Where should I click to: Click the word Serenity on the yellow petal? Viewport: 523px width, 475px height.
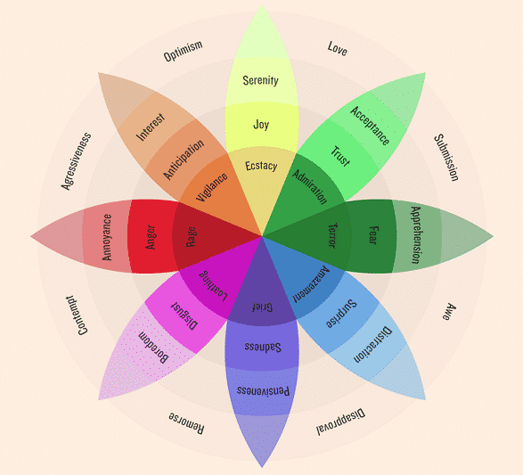(260, 80)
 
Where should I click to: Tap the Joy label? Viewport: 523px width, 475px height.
(261, 125)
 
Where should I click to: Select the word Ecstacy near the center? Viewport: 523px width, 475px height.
(261, 166)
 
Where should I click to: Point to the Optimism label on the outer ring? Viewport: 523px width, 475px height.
(183, 51)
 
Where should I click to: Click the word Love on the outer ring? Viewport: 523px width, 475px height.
(338, 49)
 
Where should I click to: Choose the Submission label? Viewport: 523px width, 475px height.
(446, 158)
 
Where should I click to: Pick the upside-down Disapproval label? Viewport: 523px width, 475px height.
(340, 421)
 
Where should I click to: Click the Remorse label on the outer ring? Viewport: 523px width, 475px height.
(186, 423)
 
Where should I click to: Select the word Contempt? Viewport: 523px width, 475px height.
(78, 315)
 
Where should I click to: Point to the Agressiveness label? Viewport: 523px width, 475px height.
(76, 161)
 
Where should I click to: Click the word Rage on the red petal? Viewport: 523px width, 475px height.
(191, 237)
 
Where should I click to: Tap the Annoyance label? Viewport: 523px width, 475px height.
(107, 237)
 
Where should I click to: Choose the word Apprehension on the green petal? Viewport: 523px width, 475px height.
(415, 235)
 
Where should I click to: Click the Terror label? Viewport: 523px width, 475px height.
(332, 236)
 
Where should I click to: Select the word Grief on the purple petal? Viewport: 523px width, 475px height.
(262, 307)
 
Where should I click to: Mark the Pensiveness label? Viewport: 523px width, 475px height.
(263, 390)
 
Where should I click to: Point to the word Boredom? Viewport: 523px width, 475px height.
(153, 348)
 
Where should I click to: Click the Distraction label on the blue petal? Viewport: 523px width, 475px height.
(372, 344)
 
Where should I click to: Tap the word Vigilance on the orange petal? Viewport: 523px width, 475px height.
(211, 187)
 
